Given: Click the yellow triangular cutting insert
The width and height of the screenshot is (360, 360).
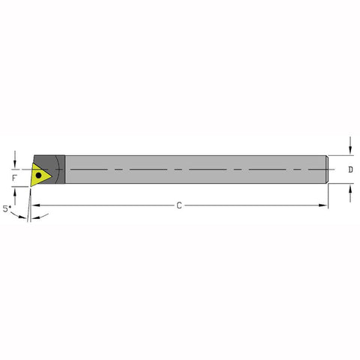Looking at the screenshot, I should (x=40, y=173).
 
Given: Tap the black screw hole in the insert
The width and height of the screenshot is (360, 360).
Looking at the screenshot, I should (x=38, y=175).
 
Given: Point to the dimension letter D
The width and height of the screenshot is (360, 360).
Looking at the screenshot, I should (x=351, y=170).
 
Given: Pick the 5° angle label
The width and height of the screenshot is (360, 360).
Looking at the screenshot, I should (x=8, y=211).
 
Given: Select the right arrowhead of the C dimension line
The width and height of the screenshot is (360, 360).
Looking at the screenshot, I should (x=325, y=206).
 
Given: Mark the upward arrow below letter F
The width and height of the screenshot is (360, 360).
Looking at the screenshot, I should (x=15, y=192).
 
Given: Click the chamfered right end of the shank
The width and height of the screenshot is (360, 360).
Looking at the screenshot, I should (x=327, y=169).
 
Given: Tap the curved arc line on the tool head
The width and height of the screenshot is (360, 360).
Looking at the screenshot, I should (x=65, y=169).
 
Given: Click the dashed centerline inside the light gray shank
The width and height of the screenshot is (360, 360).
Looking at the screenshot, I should (x=195, y=169).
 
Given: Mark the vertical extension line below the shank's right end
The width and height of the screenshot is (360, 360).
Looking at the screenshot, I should (x=328, y=196).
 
